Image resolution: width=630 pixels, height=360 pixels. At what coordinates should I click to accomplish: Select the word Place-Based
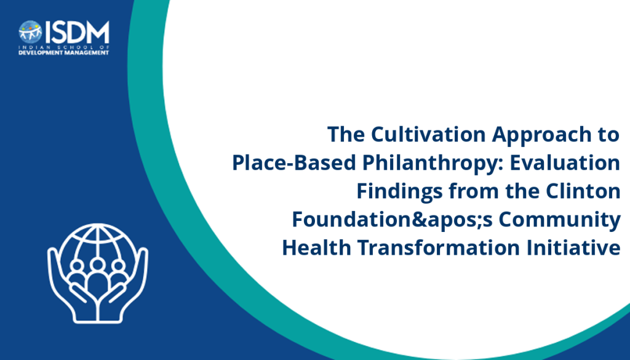click(x=294, y=162)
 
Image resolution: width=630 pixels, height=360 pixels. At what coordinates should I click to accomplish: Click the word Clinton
click(x=583, y=191)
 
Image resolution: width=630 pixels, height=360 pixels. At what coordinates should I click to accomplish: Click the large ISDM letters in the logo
click(x=77, y=33)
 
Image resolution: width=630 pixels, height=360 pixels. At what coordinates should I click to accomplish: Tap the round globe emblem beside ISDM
click(x=30, y=32)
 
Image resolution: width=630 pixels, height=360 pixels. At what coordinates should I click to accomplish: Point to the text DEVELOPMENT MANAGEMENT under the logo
click(x=64, y=53)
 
